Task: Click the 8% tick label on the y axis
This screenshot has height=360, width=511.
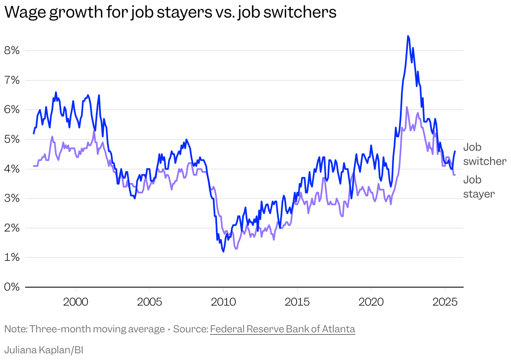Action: click(x=11, y=51)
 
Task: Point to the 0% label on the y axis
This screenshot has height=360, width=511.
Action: click(x=11, y=287)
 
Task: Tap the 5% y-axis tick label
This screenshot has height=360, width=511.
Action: click(x=11, y=139)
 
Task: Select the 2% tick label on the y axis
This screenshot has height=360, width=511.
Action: click(x=11, y=228)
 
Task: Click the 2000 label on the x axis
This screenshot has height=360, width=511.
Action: click(x=75, y=302)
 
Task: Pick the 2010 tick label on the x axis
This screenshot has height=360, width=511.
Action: click(x=223, y=302)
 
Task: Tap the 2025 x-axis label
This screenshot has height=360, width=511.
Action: click(x=444, y=302)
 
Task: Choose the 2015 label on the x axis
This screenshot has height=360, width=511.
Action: click(x=297, y=302)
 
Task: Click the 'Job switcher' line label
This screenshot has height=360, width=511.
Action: click(x=484, y=154)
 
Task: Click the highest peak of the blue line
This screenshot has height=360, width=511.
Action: click(x=408, y=36)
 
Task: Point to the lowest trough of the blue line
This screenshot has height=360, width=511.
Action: click(x=223, y=251)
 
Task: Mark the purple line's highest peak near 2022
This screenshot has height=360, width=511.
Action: click(x=407, y=107)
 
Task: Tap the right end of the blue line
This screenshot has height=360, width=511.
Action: click(x=455, y=151)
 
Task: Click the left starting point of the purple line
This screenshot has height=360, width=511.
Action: click(x=34, y=166)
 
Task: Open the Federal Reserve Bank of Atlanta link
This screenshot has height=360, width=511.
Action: click(x=282, y=329)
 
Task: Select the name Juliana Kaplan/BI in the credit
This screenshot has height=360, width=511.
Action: click(x=44, y=350)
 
